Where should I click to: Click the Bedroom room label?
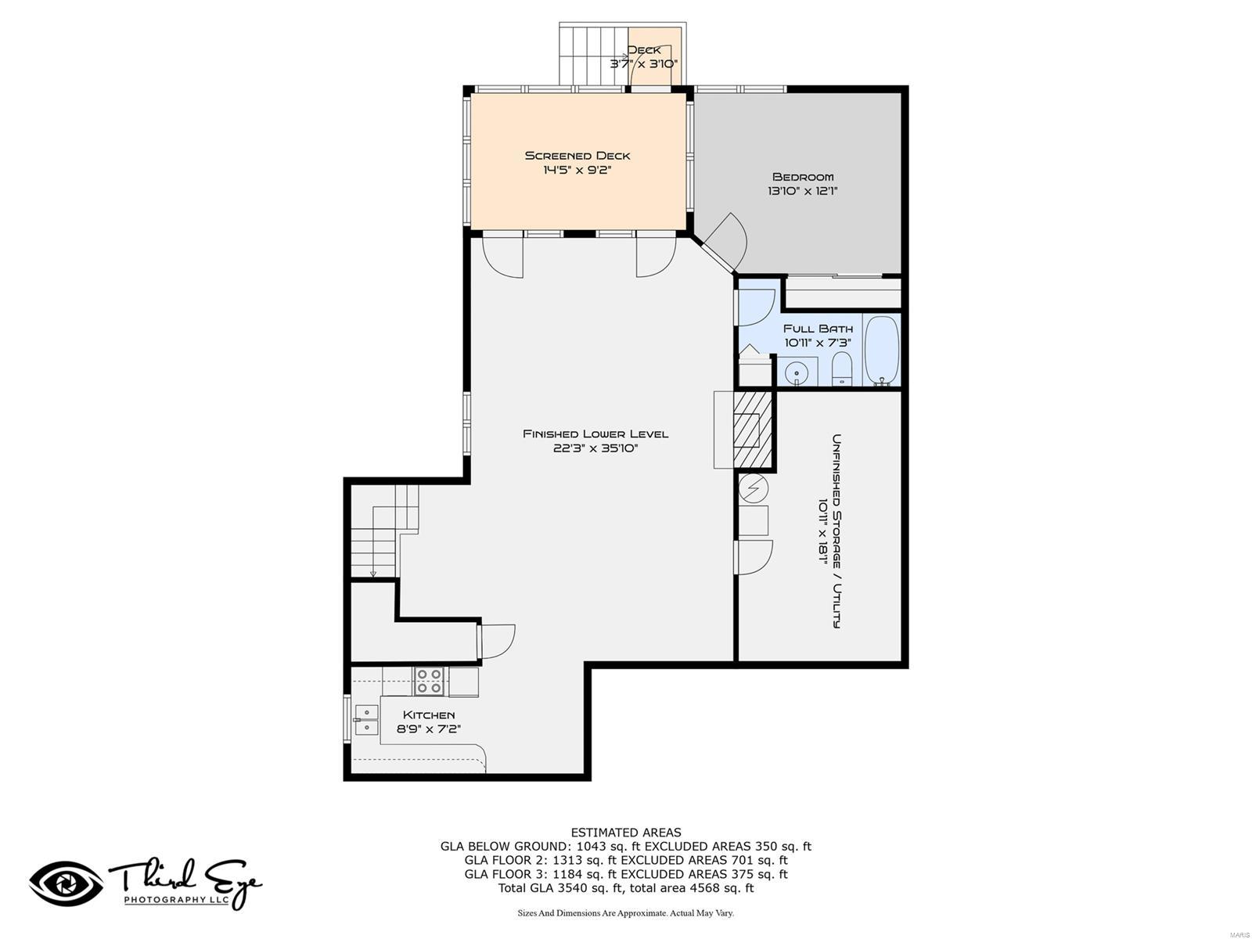click(803, 177)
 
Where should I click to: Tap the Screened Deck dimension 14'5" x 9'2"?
click(577, 170)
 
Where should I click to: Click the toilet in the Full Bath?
click(841, 369)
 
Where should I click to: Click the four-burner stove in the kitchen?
click(429, 681)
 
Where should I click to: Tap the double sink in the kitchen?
click(365, 720)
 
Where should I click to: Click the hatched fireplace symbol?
click(753, 429)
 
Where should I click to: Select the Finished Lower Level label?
click(595, 434)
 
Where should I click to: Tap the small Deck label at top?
click(644, 50)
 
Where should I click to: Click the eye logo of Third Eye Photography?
click(66, 883)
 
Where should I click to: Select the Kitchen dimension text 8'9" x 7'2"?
click(429, 729)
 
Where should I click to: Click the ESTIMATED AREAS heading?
click(626, 833)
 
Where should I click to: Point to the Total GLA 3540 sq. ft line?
click(626, 888)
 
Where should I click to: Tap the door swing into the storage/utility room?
click(754, 556)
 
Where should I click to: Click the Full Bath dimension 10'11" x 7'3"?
click(818, 343)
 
